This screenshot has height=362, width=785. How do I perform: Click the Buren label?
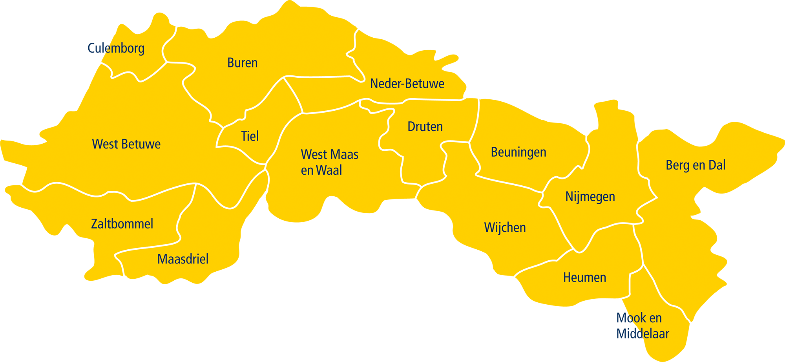242,63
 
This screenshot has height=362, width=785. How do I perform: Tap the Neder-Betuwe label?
407,84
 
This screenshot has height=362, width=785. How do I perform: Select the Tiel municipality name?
250,136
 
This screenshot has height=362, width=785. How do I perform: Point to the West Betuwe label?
126,144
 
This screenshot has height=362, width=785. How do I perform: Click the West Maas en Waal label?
329,162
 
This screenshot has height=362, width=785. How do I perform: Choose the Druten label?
425,127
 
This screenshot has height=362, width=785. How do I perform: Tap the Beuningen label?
518,152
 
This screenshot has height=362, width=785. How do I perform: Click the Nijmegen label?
590,197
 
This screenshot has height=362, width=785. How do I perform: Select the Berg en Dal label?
696,165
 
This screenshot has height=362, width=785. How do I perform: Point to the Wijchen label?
505,228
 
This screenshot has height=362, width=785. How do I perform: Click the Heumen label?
584,278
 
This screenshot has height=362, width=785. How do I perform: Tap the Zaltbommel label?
122,224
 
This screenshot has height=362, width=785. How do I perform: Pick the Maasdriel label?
183,259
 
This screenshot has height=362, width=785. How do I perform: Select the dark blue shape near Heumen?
608,338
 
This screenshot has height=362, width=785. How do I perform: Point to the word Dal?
717,165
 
